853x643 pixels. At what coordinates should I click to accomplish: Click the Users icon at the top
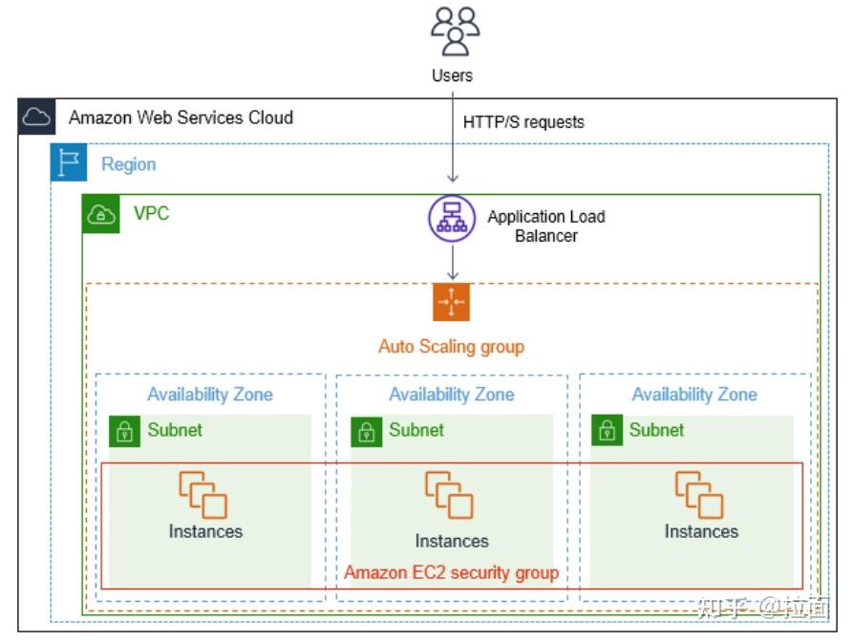coord(454,31)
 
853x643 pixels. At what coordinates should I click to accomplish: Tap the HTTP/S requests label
coord(523,122)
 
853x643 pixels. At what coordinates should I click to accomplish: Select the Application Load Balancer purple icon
coord(452,219)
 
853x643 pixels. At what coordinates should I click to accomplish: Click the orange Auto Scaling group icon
coord(452,302)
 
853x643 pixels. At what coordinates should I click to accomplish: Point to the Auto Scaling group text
coord(451,346)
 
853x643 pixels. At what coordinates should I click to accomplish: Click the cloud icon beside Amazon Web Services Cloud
coord(36,118)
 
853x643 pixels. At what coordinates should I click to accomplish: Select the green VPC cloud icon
coord(101,214)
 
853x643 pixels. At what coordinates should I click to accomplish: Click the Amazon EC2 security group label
coord(451,572)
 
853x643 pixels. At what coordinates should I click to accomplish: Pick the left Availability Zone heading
coord(209,395)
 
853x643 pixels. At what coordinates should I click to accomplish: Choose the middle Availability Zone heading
coord(451,395)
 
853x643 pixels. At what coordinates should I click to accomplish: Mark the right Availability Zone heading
coord(693,395)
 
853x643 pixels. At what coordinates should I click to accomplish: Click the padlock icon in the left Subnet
coord(124,432)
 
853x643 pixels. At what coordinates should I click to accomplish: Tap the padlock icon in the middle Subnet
coord(366,432)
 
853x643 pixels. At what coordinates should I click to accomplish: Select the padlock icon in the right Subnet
coord(607,432)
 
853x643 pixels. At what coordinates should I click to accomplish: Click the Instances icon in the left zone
coord(203,494)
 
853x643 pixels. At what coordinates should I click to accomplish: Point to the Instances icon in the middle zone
coord(449,495)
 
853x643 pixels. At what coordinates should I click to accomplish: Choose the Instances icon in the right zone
coord(699,494)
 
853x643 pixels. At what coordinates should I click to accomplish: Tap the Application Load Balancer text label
coord(545,225)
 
